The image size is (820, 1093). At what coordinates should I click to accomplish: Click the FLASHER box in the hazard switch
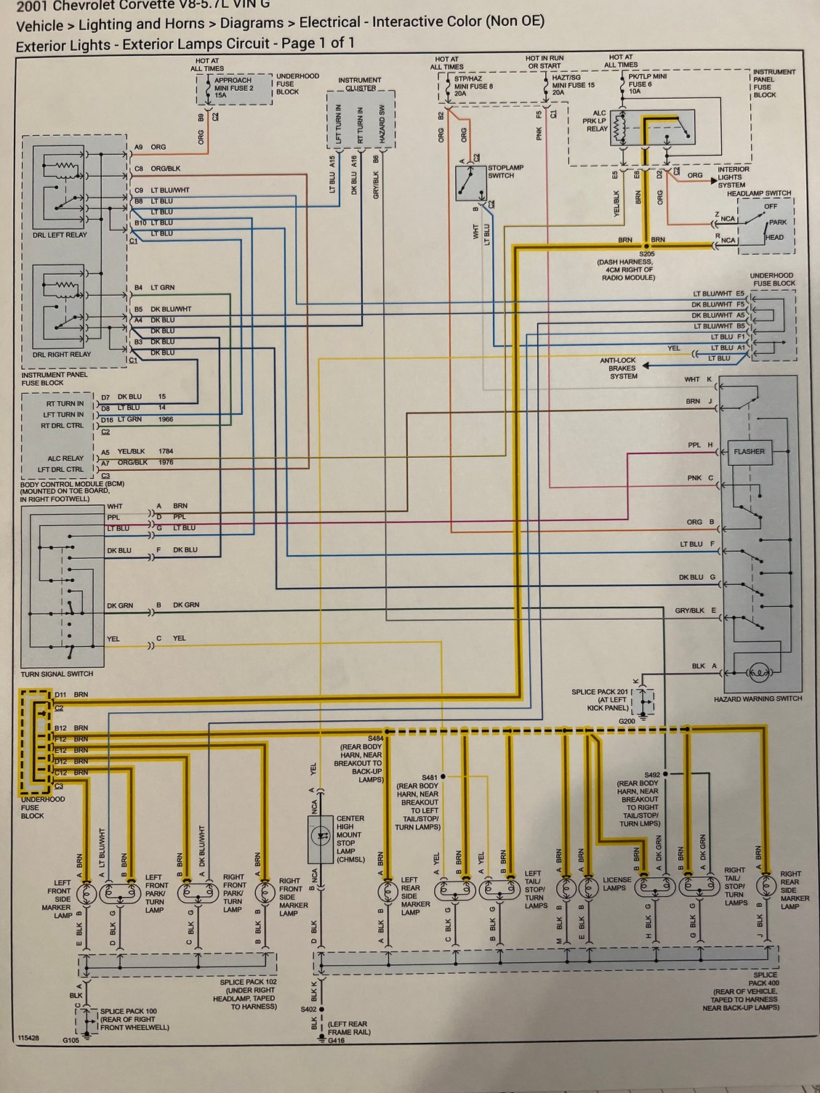[x=749, y=451]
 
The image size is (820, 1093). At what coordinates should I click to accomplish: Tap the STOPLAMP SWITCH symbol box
[x=469, y=183]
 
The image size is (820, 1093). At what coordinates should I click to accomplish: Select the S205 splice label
[x=646, y=254]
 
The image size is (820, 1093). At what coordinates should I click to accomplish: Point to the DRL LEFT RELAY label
[x=60, y=235]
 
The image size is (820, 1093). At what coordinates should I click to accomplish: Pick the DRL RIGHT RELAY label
[x=62, y=355]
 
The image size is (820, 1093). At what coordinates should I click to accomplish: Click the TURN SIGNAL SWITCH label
[x=57, y=674]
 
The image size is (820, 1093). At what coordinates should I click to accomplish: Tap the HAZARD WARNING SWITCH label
[x=758, y=698]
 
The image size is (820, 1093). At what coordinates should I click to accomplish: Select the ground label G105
[x=71, y=1040]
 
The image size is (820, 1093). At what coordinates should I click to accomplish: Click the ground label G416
[x=336, y=1041]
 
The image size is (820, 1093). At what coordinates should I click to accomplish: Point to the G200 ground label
[x=627, y=722]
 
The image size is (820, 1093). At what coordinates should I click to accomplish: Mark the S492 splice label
[x=651, y=775]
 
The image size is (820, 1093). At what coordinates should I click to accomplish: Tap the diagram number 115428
[x=30, y=1038]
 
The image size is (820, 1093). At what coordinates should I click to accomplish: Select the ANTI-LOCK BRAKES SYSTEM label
[x=619, y=368]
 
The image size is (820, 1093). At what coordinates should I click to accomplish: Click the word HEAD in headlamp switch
[x=774, y=237]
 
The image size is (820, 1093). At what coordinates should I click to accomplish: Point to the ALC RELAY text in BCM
[x=65, y=458]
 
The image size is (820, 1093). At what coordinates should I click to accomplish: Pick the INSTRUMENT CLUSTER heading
[x=360, y=84]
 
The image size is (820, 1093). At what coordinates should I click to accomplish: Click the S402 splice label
[x=309, y=1009]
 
